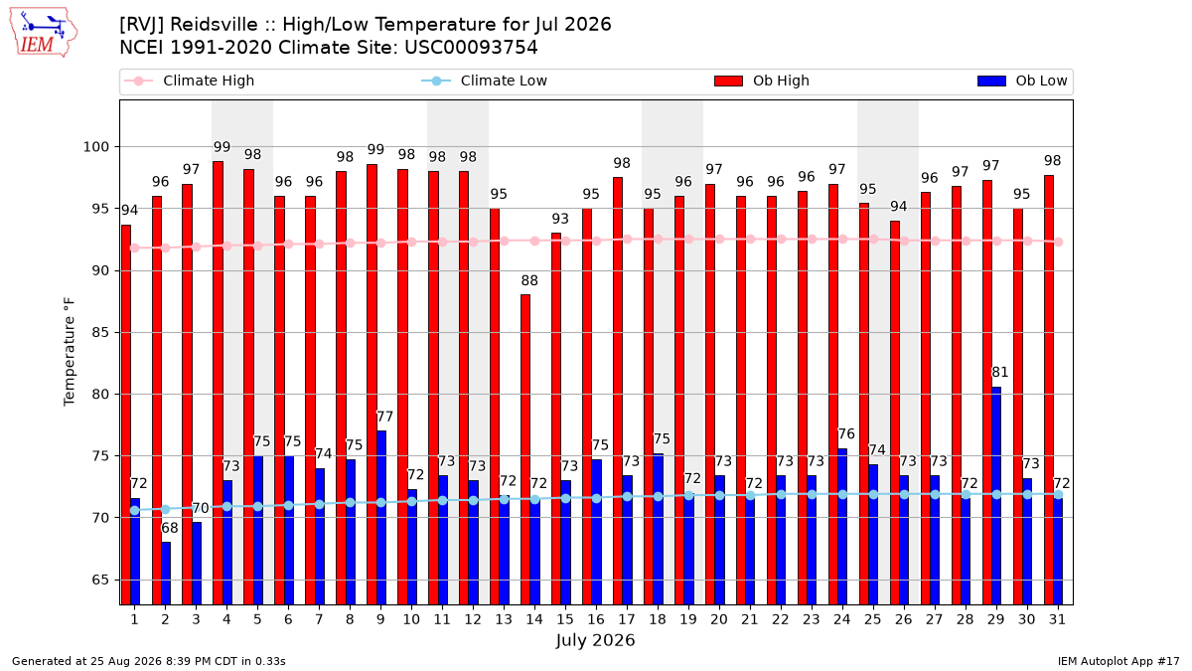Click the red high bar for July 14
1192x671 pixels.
pos(525,449)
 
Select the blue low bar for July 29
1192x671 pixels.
pos(996,496)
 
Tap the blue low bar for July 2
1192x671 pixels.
pos(166,574)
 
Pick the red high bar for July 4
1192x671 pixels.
pos(218,383)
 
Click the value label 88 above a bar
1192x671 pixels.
pos(528,280)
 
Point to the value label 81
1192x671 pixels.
pos(1000,372)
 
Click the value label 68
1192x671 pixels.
pos(170,528)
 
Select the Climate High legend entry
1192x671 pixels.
pos(189,81)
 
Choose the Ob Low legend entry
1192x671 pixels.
pos(1022,81)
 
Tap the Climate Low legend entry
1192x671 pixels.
pos(484,81)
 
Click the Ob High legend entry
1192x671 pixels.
pos(762,81)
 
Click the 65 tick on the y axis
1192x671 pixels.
pos(100,580)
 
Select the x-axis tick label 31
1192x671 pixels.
pos(1057,619)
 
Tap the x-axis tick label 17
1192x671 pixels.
pos(627,619)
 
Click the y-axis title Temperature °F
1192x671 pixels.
pos(70,352)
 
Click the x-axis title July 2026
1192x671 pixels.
pos(595,640)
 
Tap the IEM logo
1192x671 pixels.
pos(43,33)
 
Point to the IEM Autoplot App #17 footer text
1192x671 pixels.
pos(1118,661)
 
